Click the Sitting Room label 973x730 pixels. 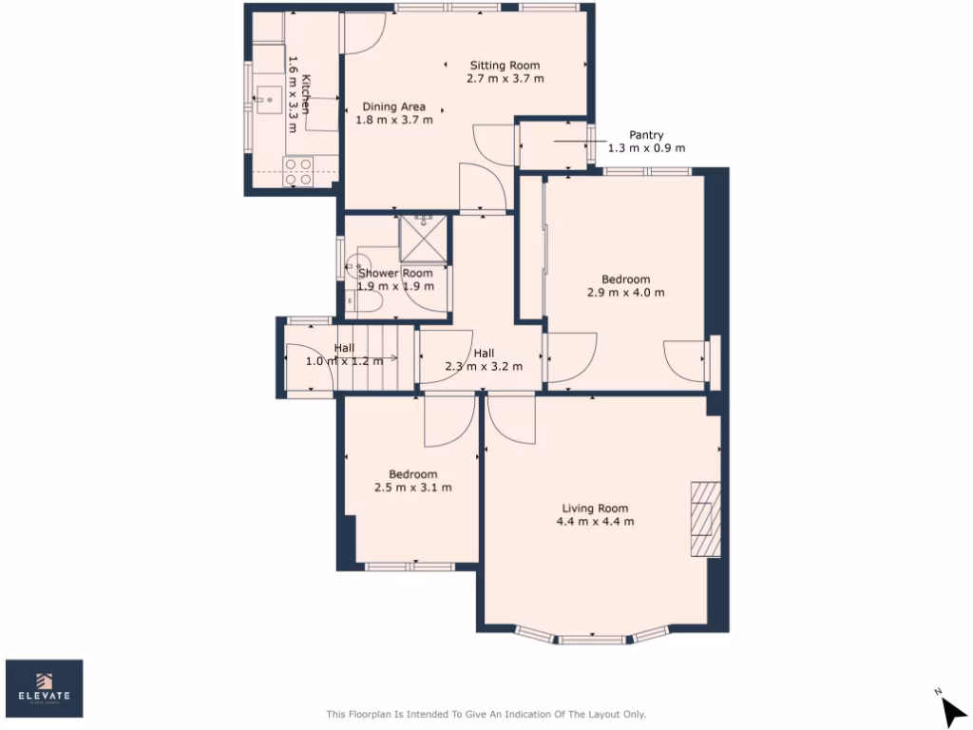click(x=505, y=66)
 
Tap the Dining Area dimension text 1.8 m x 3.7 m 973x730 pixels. click(x=393, y=121)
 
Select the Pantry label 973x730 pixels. click(x=646, y=135)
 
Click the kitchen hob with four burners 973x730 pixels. click(x=297, y=170)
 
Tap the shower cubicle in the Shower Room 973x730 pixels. click(x=422, y=238)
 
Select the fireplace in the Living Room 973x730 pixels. click(x=705, y=517)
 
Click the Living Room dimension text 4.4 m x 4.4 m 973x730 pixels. click(x=595, y=522)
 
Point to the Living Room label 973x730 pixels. click(x=595, y=508)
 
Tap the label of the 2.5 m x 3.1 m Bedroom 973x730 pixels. click(x=412, y=474)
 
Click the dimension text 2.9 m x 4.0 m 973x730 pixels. click(x=625, y=293)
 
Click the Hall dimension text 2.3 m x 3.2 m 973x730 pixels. click(x=484, y=365)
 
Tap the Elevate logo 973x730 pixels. click(x=45, y=688)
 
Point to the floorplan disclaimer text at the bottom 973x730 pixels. click(x=486, y=714)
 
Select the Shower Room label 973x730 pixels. click(x=394, y=273)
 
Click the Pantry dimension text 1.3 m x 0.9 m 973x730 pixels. click(x=646, y=148)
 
